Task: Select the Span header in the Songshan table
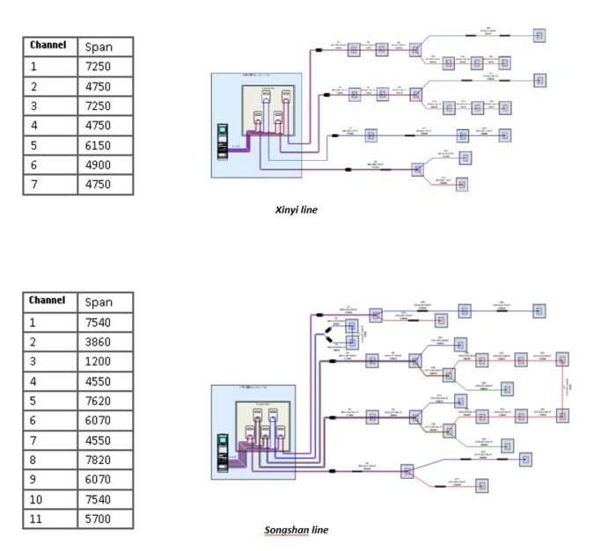pyautogui.click(x=99, y=301)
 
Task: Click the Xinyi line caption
pyautogui.click(x=297, y=210)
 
